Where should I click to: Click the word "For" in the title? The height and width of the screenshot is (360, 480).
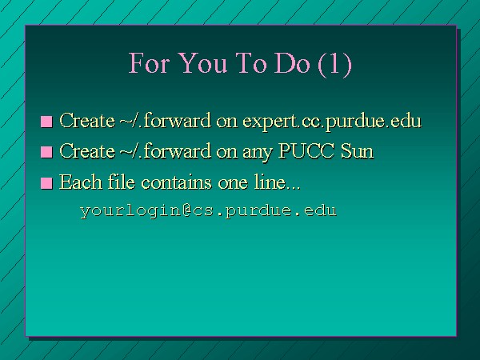pos(149,62)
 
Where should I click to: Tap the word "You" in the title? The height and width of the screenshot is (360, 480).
pos(202,62)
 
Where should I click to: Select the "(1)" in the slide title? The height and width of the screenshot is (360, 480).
pos(335,64)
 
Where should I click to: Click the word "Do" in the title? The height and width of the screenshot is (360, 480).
pos(292,62)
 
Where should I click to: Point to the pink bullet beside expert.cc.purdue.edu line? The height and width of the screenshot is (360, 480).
pos(46,122)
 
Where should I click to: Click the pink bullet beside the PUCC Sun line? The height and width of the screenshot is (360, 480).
pos(46,152)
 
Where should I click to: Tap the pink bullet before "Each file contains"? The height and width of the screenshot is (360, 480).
pos(46,183)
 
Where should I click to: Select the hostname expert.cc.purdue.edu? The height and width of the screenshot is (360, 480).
pos(332,122)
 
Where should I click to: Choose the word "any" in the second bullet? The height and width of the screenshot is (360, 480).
pos(258,153)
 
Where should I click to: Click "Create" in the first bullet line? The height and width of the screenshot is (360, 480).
pos(87,120)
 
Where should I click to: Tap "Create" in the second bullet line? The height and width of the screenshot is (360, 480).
pos(87,151)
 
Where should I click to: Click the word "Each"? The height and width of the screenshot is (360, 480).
pos(81,182)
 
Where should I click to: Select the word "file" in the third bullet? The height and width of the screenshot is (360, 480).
pos(122,182)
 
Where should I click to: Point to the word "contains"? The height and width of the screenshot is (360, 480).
pos(176,182)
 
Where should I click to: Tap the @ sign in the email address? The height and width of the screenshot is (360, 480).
pos(187,210)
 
